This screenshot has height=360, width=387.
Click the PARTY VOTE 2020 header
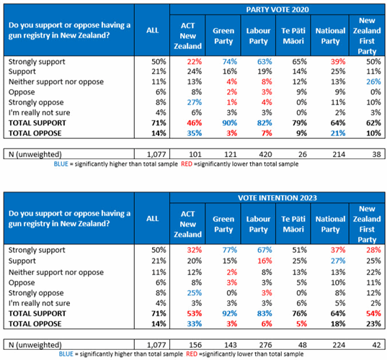pos(277,9)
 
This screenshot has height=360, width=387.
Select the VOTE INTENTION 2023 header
pos(277,198)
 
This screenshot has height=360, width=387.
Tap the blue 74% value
pos(230,61)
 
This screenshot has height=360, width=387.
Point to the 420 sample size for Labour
pos(265,154)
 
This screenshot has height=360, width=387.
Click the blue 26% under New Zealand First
pos(373,81)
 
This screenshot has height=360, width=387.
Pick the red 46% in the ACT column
pos(195,123)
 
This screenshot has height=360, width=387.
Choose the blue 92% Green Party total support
pos(230,313)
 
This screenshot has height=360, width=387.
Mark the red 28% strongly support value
pos(373,250)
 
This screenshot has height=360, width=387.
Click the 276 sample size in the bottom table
pos(265,345)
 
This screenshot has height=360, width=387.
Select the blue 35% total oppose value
pos(195,133)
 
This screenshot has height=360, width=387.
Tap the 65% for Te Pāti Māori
pos(300,61)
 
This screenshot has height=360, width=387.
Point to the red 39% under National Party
pos(338,61)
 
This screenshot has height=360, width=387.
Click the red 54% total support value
pos(373,313)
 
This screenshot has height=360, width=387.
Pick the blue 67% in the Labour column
pos(264,250)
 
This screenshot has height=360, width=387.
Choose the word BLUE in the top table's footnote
pos(61,164)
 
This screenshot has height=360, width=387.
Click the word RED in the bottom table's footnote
pos(192,354)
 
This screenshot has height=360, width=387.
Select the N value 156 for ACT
pos(195,345)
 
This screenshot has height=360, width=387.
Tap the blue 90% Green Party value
pos(230,123)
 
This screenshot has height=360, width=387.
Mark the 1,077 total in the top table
pos(156,154)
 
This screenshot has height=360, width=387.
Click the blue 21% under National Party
pos(338,133)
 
